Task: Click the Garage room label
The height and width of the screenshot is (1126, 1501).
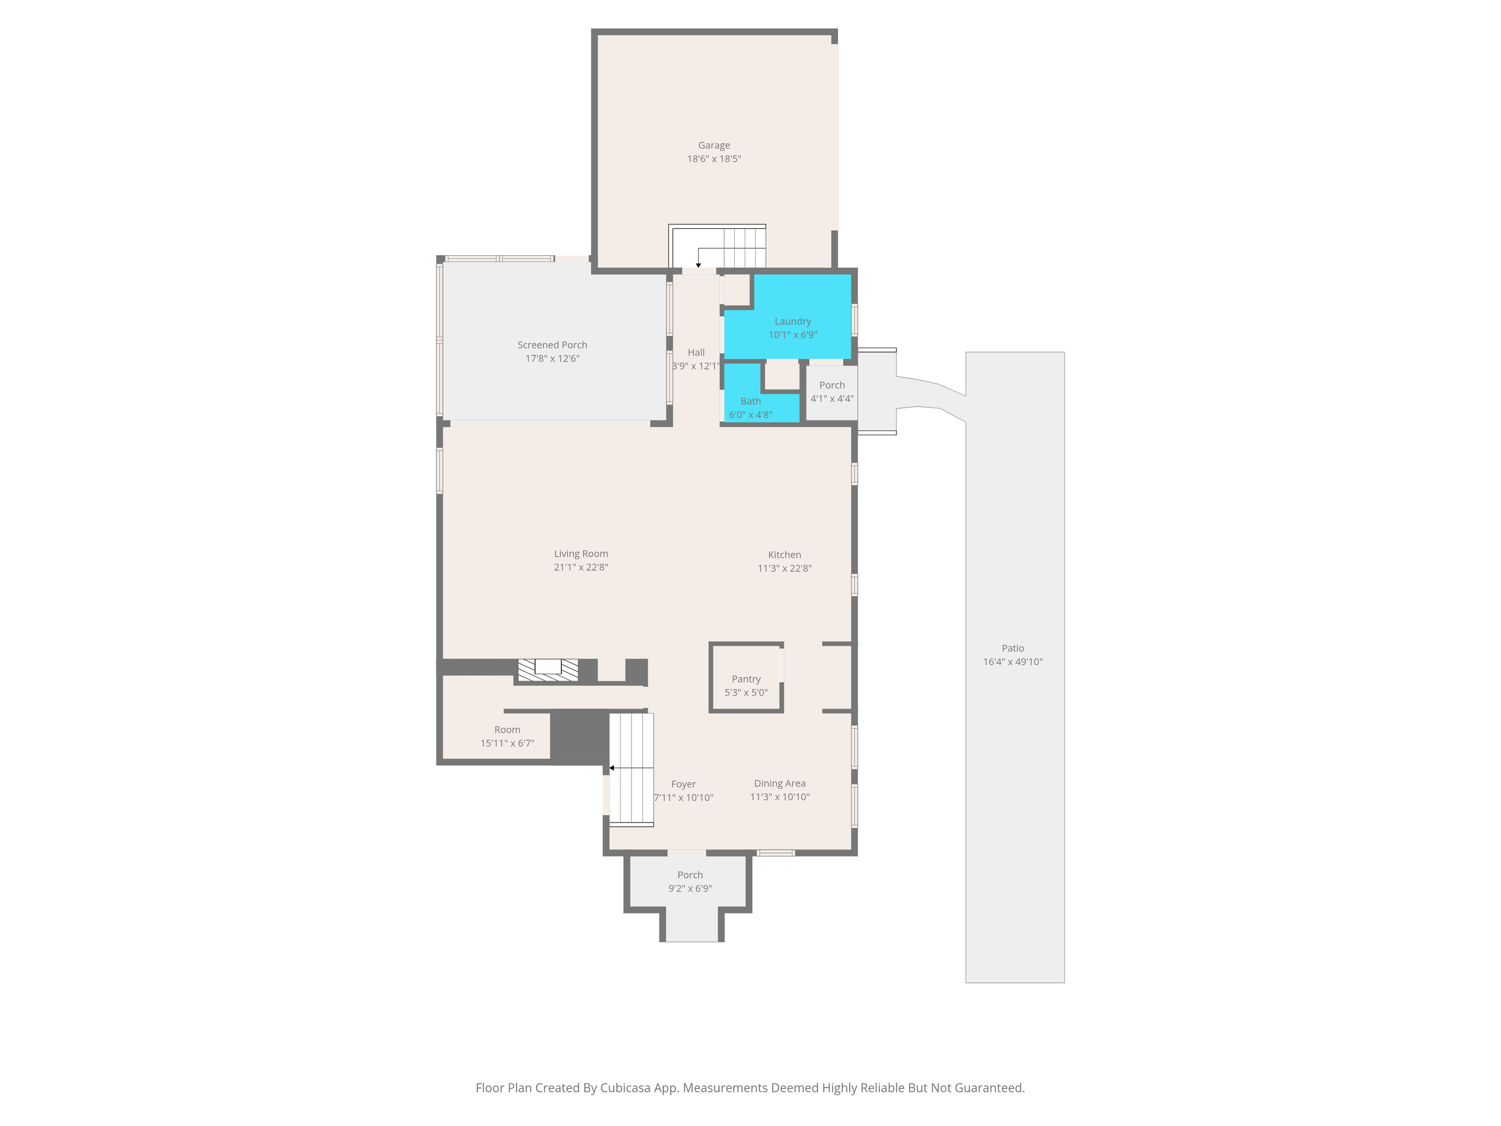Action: tap(714, 145)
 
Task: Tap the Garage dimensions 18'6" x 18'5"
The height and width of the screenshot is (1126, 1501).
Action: tap(714, 159)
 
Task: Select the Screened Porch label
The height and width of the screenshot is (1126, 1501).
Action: tap(552, 345)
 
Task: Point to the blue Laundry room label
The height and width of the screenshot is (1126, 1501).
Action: tap(793, 321)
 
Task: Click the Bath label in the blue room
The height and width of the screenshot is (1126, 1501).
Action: tap(751, 401)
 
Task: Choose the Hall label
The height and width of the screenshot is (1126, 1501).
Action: tap(696, 352)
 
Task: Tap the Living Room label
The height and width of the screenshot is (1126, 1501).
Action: tap(581, 554)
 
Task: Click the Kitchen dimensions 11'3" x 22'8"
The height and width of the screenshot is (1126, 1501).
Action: tap(784, 568)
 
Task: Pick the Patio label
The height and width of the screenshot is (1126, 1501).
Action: tap(1013, 648)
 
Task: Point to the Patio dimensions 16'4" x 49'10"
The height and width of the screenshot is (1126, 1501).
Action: tap(1013, 662)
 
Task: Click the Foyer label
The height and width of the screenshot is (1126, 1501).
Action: tap(683, 784)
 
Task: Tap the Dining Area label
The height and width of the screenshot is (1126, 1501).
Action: tap(780, 783)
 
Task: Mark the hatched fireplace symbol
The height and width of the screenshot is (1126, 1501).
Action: tap(547, 669)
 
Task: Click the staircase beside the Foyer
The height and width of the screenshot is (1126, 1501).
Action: tap(631, 770)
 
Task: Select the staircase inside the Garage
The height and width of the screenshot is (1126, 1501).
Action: tap(718, 246)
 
